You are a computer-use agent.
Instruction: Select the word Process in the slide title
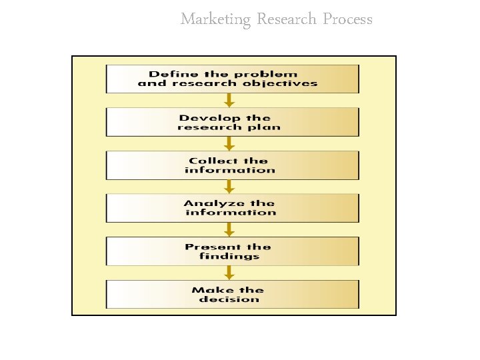pos(347,19)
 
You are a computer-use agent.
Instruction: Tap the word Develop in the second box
pos(205,118)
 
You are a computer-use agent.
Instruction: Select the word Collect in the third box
pos(213,161)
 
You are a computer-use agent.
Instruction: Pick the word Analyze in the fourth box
pos(207,203)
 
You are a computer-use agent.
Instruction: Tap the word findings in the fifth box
pos(229,256)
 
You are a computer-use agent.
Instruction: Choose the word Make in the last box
pos(208,290)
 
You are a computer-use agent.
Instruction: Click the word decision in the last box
pos(229,299)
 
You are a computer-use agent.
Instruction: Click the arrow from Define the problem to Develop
pos(229,101)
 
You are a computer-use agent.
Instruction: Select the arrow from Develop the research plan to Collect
pos(229,144)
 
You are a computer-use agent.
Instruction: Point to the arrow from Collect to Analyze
pos(229,187)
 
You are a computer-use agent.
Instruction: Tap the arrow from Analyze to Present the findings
pos(229,230)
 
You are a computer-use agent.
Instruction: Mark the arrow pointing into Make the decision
pos(229,273)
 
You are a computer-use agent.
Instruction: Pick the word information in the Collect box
pos(229,170)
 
